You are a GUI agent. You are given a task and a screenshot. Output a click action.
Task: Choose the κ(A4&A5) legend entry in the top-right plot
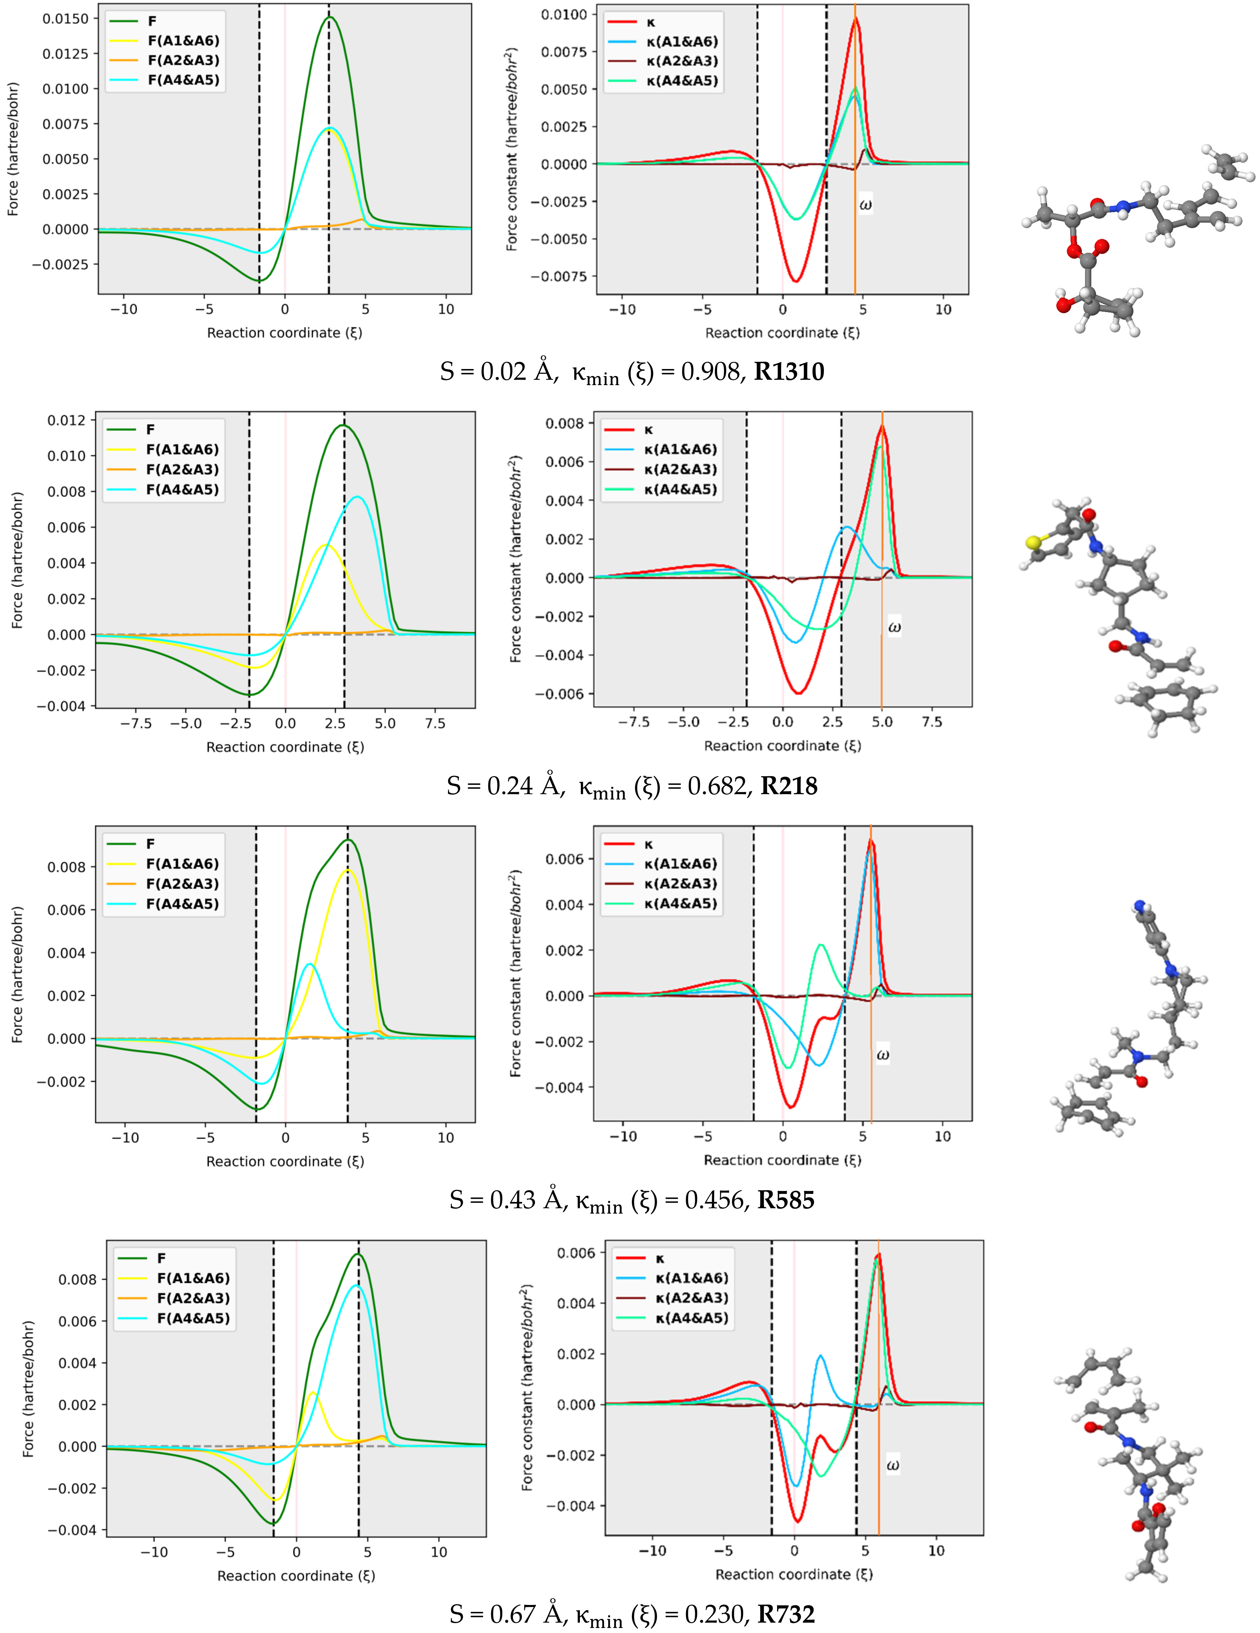coord(682,81)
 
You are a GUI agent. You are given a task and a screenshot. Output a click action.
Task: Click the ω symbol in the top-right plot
coord(865,204)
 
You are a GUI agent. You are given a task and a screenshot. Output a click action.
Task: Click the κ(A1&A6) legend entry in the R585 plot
coord(680,864)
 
